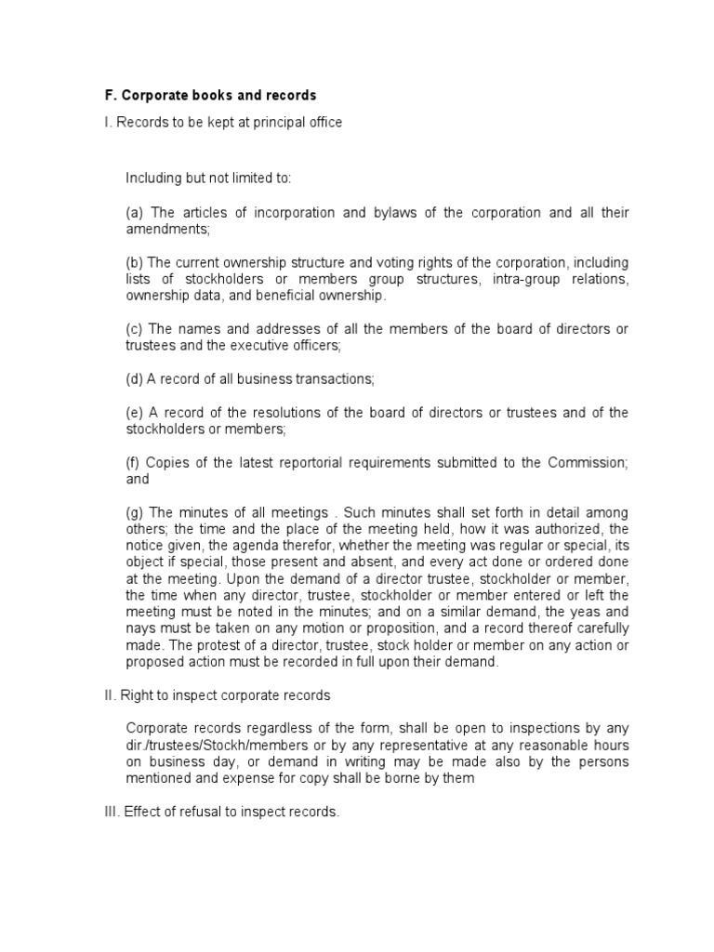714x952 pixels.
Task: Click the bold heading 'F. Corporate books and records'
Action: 209,96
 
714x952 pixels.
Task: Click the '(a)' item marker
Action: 134,213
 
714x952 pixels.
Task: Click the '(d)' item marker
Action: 134,378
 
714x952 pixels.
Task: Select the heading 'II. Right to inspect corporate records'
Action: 217,695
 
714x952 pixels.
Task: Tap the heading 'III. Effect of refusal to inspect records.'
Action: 222,812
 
